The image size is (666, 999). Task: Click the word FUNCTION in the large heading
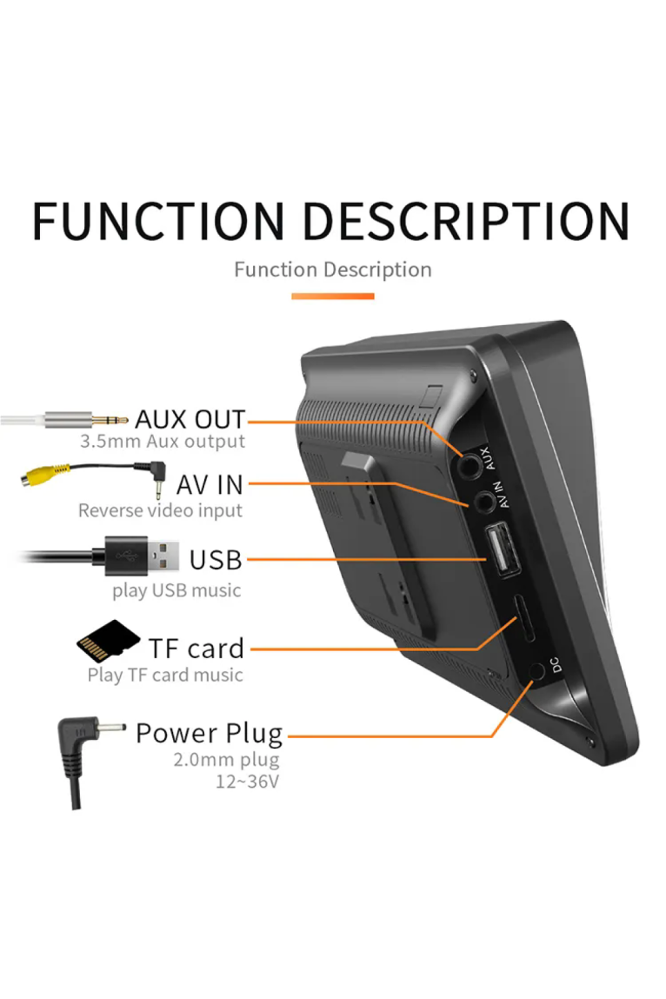(159, 221)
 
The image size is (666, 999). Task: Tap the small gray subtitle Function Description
(333, 270)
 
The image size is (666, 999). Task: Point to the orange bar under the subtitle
(333, 296)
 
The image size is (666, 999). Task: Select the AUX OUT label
(190, 419)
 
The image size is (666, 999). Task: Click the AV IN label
(210, 485)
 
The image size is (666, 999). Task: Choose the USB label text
(216, 560)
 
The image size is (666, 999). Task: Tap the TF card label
(196, 649)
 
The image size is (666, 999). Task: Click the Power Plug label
(209, 734)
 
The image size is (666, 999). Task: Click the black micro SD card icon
(108, 641)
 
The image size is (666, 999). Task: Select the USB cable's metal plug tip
(163, 556)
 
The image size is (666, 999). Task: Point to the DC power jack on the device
(536, 671)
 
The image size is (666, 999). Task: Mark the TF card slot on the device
(525, 618)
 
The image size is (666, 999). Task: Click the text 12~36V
(247, 781)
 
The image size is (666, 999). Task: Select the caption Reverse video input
(160, 510)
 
